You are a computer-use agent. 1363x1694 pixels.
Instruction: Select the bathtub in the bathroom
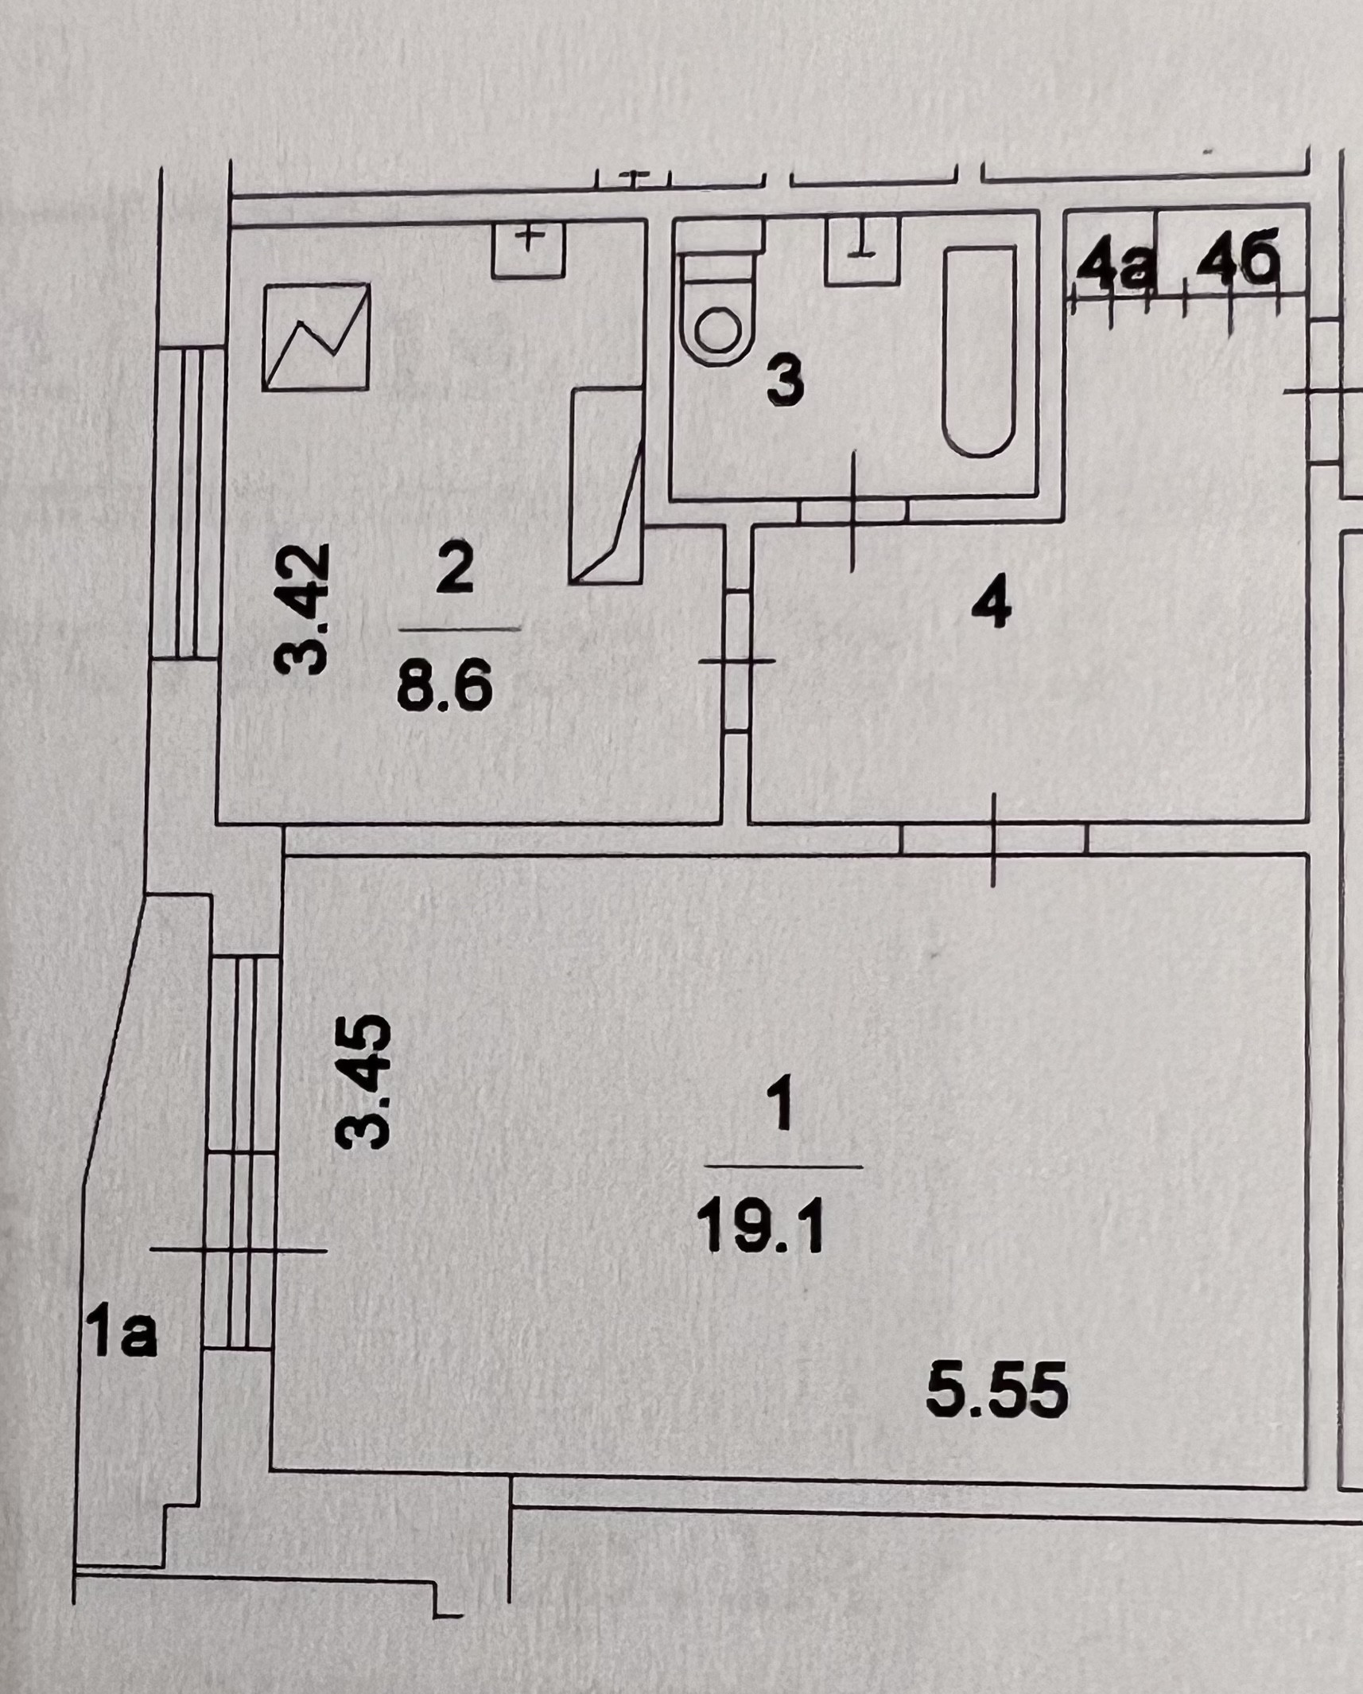(980, 351)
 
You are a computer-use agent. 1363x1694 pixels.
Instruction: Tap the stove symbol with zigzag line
(316, 336)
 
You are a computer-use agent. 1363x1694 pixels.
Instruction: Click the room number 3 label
(785, 382)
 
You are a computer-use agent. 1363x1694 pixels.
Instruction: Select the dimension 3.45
(364, 1081)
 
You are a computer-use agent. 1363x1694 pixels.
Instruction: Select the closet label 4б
(1230, 263)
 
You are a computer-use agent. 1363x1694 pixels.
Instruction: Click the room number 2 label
(455, 568)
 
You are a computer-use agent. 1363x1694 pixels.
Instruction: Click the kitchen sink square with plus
(528, 249)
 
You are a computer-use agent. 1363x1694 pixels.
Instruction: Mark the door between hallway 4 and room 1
(994, 839)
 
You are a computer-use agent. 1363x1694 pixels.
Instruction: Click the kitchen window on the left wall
(188, 503)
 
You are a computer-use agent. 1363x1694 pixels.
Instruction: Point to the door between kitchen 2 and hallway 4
(737, 660)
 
